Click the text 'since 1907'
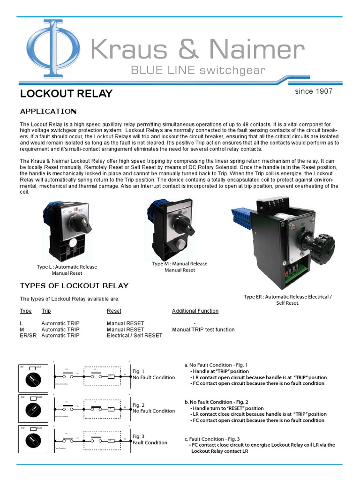[314, 91]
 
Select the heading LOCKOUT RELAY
[66, 93]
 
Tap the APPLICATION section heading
[48, 111]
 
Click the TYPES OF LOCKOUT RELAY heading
[74, 285]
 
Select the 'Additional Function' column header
[195, 311]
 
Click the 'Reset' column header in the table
[114, 311]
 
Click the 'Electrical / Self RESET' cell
[135, 335]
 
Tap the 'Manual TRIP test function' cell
[203, 330]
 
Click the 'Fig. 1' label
[138, 371]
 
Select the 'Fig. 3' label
[138, 436]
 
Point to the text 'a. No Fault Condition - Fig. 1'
[216, 365]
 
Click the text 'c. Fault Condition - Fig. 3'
[212, 439]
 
